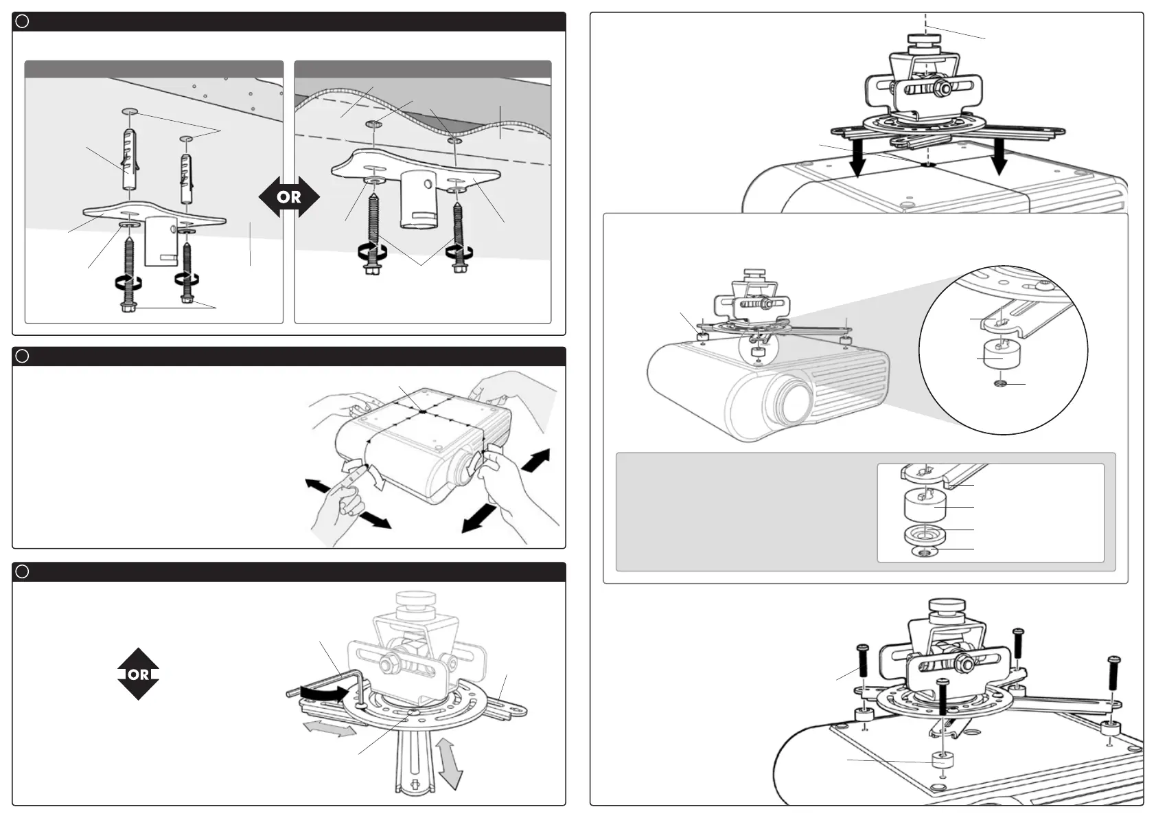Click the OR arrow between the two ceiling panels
[289, 197]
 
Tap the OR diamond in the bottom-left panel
[138, 674]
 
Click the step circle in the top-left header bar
[22, 21]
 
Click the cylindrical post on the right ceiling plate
[420, 198]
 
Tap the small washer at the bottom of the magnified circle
[1001, 383]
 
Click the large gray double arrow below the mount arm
[449, 762]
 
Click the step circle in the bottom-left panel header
[22, 572]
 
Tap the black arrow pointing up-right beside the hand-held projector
[536, 459]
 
